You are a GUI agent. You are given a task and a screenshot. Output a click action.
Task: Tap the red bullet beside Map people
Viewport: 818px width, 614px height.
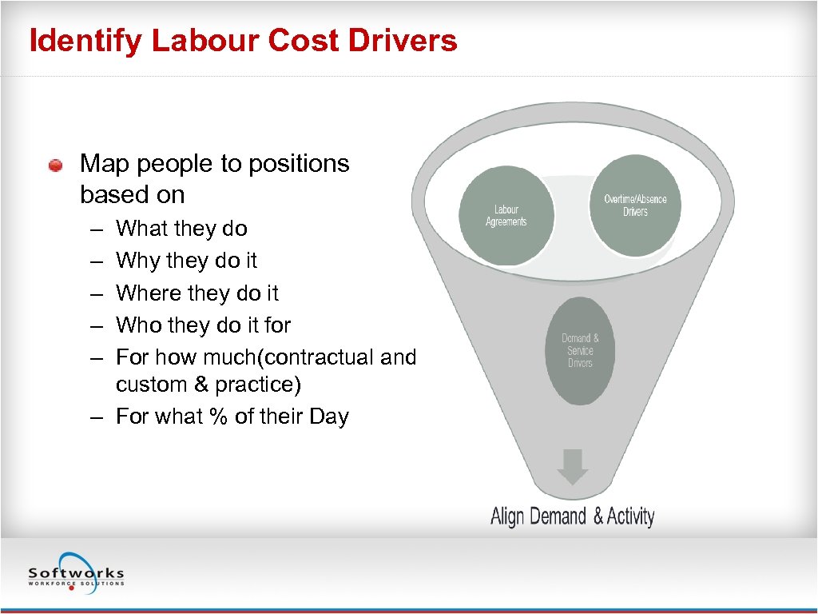(x=55, y=165)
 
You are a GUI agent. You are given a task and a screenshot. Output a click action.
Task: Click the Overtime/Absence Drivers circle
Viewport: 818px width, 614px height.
(x=635, y=205)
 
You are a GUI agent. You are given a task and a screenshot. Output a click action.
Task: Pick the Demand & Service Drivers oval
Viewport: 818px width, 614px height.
(x=580, y=350)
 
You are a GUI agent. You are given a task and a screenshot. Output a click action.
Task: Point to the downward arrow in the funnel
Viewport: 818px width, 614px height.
(x=572, y=467)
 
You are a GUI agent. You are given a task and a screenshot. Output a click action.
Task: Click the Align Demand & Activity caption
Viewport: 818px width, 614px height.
(x=572, y=516)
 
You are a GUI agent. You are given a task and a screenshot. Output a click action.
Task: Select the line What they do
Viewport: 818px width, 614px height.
(x=181, y=229)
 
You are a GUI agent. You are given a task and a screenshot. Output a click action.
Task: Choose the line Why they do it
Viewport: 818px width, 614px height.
(x=186, y=261)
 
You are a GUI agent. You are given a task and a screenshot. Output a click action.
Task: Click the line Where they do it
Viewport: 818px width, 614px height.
(x=197, y=293)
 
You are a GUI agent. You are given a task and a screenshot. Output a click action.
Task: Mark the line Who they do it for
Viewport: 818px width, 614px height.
(x=203, y=325)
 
